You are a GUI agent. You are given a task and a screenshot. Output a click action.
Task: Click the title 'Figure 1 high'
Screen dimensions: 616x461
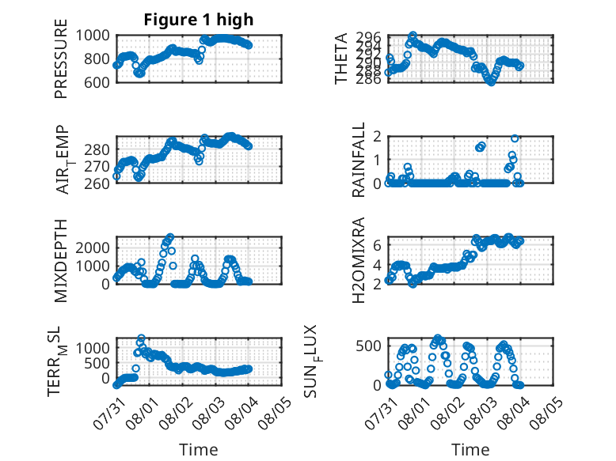click(x=199, y=20)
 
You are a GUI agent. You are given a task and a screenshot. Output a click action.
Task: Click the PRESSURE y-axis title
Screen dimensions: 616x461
click(x=61, y=59)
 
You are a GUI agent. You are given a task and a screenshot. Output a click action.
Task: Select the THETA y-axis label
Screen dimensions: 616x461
click(x=341, y=59)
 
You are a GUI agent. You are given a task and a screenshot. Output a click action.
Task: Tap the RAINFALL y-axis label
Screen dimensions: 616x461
click(x=359, y=160)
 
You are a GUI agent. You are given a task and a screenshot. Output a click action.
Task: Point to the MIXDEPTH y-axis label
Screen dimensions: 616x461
click(x=61, y=261)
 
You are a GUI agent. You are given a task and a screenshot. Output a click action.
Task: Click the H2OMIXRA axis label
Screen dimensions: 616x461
click(x=359, y=260)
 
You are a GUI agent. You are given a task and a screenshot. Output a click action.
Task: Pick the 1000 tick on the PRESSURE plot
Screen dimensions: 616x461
click(x=93, y=36)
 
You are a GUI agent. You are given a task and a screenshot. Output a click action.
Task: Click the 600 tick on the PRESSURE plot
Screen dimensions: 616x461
click(x=97, y=82)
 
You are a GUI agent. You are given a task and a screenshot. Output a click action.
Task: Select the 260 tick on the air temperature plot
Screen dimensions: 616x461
click(x=97, y=183)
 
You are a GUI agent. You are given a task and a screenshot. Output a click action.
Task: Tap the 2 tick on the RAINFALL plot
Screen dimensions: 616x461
click(x=378, y=137)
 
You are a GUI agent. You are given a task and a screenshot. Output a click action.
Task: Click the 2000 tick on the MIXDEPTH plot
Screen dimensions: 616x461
click(x=93, y=248)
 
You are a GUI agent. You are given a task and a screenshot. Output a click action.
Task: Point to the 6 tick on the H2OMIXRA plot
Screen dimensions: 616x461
click(x=378, y=245)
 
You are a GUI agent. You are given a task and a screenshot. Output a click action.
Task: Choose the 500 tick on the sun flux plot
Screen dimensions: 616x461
click(x=369, y=346)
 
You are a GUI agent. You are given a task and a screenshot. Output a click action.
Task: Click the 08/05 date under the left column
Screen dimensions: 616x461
click(x=275, y=414)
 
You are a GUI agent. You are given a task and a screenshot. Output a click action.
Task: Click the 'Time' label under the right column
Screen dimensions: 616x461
click(x=470, y=449)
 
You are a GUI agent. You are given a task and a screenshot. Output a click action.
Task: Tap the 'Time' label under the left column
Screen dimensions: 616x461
click(x=199, y=449)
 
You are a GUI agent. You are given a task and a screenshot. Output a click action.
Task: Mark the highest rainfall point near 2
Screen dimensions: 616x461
click(x=515, y=138)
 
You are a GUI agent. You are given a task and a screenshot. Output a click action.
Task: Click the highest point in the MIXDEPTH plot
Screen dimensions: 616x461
click(x=170, y=237)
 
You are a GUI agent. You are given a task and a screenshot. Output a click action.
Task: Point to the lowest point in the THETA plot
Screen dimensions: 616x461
click(x=491, y=82)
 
